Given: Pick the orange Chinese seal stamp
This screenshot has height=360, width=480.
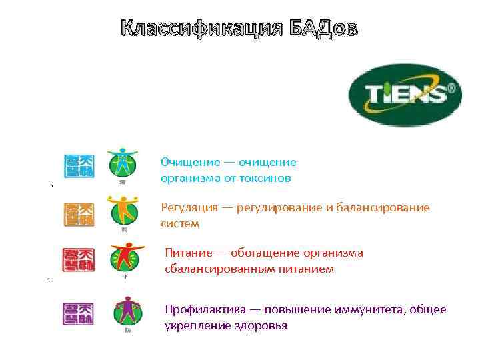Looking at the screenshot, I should click(79, 213).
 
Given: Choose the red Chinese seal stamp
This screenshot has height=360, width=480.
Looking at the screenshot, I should click(79, 260).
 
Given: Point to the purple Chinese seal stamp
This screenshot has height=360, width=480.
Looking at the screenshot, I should click(79, 313).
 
